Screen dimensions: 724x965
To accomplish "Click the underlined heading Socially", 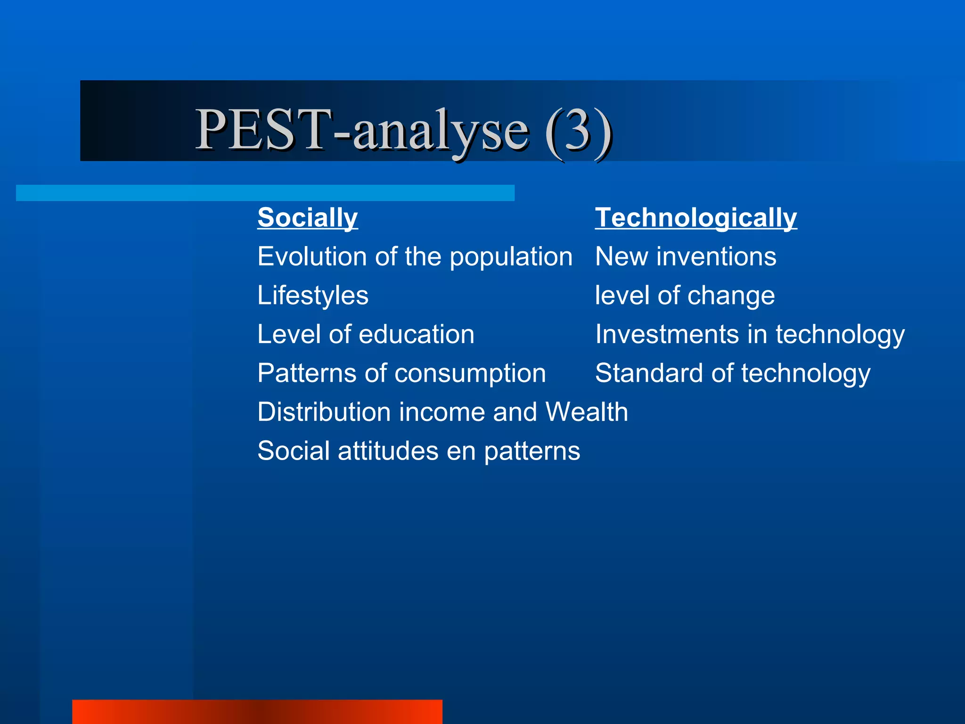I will click(x=307, y=218).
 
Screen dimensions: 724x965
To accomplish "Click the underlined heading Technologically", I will click(x=695, y=218).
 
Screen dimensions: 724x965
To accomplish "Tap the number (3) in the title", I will click(x=578, y=130).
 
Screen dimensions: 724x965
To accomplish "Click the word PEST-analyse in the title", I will click(x=362, y=130).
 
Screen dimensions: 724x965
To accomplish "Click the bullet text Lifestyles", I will click(x=313, y=296).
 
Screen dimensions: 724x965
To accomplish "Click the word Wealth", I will click(x=587, y=412).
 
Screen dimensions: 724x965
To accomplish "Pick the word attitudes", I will click(x=388, y=451).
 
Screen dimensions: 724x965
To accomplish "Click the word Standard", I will click(x=649, y=373).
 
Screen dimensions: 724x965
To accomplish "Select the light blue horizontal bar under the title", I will click(x=265, y=193).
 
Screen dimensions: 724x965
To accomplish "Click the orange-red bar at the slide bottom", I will click(x=257, y=712).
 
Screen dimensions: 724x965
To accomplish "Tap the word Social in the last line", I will click(x=293, y=451).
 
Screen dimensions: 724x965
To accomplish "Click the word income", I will click(x=442, y=412).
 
